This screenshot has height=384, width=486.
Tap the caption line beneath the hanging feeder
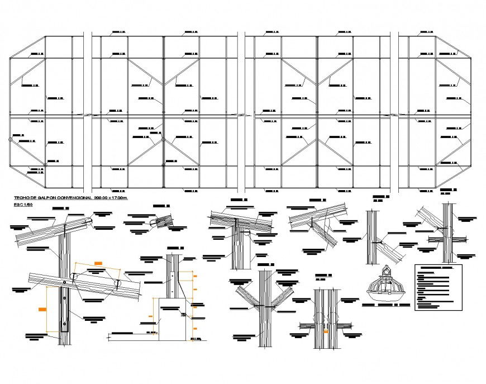point(385,305)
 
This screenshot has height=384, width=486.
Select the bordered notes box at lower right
point(439,288)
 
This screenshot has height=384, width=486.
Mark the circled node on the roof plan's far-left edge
point(8,141)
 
